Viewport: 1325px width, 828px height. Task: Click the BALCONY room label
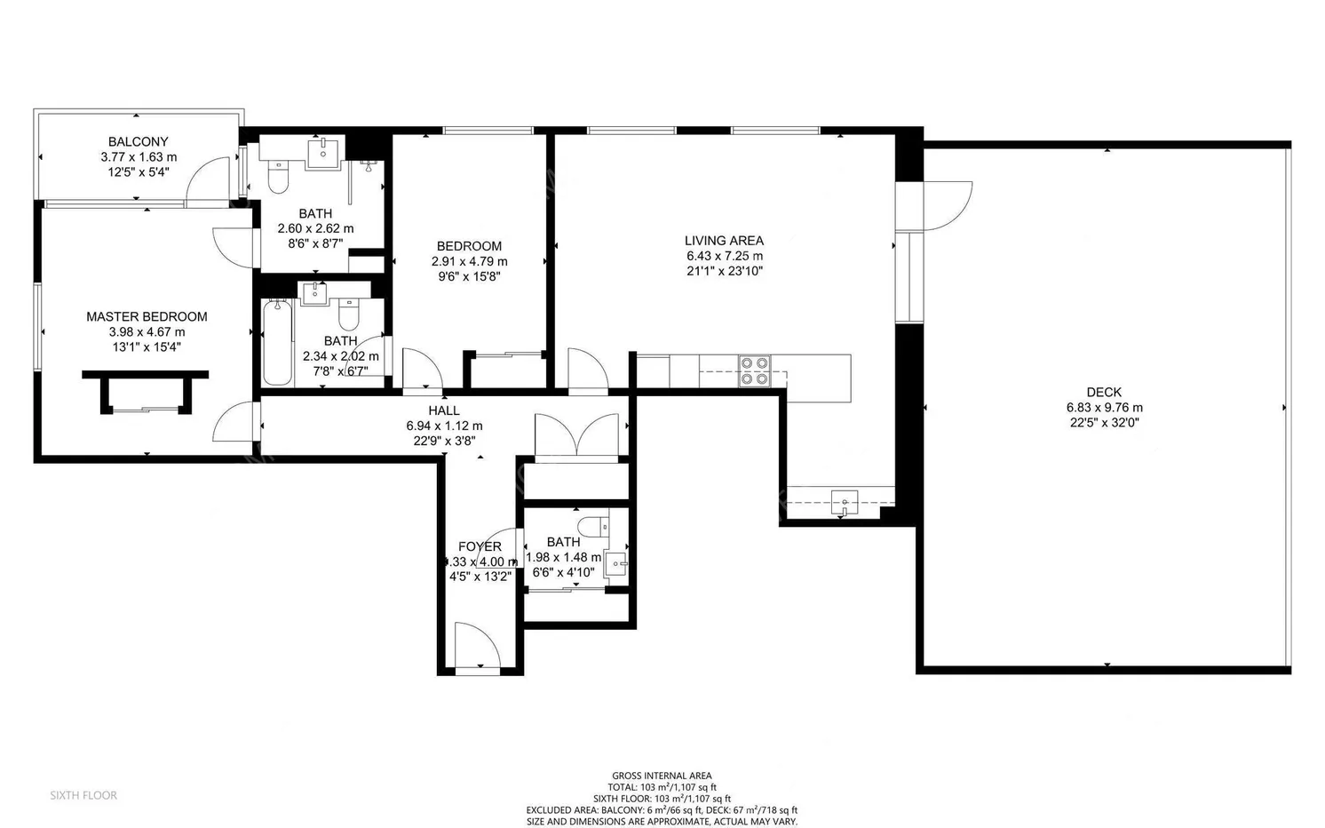tap(138, 142)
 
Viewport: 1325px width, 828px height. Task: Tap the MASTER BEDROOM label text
tap(147, 316)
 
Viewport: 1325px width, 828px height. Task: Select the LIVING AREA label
tap(724, 240)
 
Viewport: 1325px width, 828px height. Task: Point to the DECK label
tap(1104, 392)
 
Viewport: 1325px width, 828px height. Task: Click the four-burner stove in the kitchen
tap(755, 370)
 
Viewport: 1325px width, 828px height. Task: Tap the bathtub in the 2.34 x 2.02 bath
tap(277, 342)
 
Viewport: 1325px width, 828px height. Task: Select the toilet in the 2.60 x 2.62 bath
tap(278, 179)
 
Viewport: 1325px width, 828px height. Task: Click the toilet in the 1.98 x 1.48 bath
tap(592, 526)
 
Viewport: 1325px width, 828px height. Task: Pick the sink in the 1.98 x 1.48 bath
tap(615, 562)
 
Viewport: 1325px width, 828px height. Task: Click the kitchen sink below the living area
tap(844, 502)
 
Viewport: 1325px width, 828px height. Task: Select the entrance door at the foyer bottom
tap(478, 645)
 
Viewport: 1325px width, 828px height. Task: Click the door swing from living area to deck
tap(947, 204)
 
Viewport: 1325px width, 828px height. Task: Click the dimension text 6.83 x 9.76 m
tap(1104, 408)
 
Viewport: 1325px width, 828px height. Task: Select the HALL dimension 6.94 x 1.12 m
tap(444, 426)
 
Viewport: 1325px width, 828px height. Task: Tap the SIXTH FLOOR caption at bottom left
tap(83, 795)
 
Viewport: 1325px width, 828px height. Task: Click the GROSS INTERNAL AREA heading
tap(662, 776)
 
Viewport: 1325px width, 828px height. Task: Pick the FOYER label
tap(480, 546)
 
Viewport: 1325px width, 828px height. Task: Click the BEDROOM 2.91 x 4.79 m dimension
tap(469, 261)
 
